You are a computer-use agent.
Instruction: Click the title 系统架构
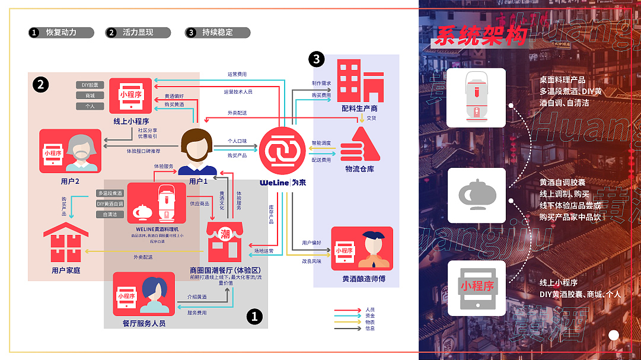480,37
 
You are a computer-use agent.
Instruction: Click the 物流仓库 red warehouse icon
358,145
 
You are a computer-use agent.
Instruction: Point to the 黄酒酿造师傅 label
363,278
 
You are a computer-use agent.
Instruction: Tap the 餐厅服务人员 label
143,323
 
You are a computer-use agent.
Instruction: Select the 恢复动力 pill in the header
62,33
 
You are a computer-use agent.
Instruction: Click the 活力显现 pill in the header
138,33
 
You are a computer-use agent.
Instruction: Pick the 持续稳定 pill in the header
218,33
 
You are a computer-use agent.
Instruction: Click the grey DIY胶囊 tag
90,85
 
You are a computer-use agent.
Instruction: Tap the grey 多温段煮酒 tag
110,193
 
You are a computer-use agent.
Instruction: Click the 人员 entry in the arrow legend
370,310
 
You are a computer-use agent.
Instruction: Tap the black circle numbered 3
317,59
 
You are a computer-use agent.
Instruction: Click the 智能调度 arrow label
321,143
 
